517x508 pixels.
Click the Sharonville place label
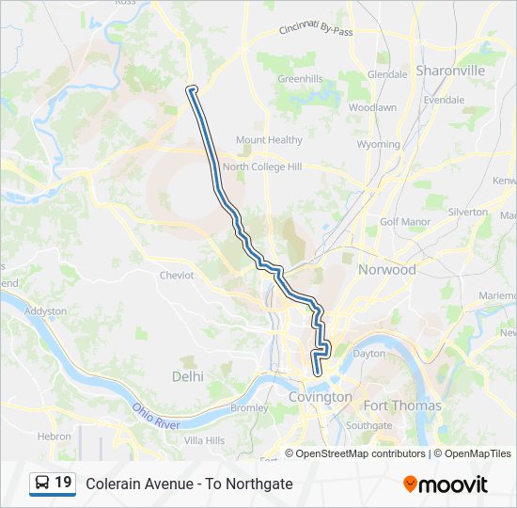click(x=450, y=71)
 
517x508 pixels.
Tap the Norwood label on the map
click(x=386, y=269)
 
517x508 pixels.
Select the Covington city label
click(x=320, y=397)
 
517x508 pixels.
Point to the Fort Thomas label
click(x=402, y=406)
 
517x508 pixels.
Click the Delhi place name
click(x=187, y=375)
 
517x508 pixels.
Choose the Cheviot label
click(x=177, y=276)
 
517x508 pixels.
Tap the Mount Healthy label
click(x=269, y=140)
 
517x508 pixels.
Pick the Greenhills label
click(x=300, y=79)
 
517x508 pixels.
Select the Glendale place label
click(x=387, y=73)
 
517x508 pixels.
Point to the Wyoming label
click(x=379, y=145)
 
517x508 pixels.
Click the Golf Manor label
click(x=404, y=222)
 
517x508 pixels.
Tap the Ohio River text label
click(x=155, y=417)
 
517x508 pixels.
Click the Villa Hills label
click(x=204, y=440)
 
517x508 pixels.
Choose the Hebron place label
click(x=54, y=437)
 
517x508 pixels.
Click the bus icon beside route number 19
click(x=42, y=484)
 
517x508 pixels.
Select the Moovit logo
click(x=446, y=484)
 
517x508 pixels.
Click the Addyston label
click(x=45, y=310)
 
